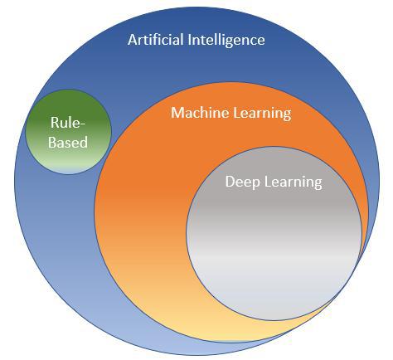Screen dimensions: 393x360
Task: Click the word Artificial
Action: (x=156, y=40)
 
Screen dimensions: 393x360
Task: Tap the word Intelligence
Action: (x=226, y=41)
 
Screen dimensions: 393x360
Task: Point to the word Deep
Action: (x=242, y=182)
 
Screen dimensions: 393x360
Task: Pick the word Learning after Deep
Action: (x=294, y=182)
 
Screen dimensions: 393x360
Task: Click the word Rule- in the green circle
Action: (x=68, y=123)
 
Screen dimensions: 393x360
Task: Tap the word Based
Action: (x=68, y=142)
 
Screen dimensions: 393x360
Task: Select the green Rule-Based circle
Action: (x=69, y=132)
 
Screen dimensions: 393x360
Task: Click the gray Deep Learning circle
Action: (x=274, y=234)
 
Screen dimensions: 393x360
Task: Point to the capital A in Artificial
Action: (x=133, y=40)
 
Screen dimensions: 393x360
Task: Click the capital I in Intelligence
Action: (x=190, y=40)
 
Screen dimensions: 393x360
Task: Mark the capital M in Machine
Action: (x=177, y=113)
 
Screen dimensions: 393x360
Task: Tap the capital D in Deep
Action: (x=230, y=182)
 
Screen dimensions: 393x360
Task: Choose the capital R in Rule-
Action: (x=55, y=123)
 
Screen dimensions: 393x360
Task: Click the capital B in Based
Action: (x=52, y=142)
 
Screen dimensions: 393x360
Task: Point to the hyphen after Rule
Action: (x=83, y=124)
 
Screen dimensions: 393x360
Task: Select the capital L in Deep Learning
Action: (x=268, y=182)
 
